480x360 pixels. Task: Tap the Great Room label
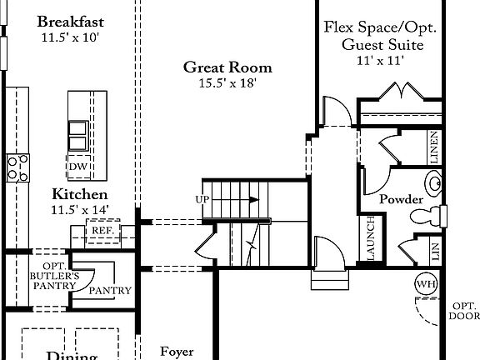coord(227,67)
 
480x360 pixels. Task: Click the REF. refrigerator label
coord(103,231)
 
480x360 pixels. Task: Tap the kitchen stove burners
coord(18,167)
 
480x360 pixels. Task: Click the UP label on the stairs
coord(202,200)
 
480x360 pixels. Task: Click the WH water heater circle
coord(426,284)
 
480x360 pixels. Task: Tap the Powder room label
coord(401,200)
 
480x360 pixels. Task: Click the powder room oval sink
coord(434,181)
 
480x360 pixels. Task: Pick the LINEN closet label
coord(434,147)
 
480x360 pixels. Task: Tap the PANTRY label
coord(110,291)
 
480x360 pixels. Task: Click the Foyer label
coord(177,352)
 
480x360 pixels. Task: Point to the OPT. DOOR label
coord(465,310)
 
